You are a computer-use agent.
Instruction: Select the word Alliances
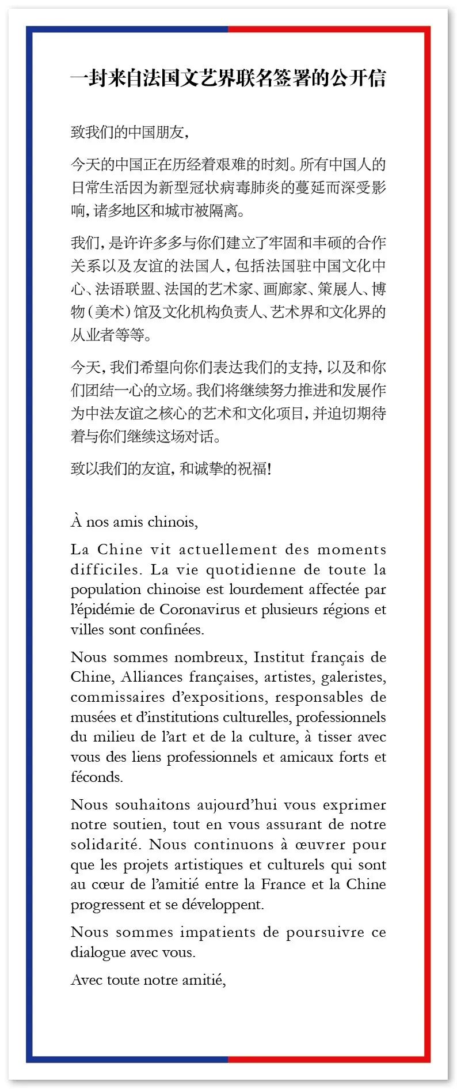point(151,677)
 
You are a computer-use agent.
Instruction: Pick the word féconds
point(97,777)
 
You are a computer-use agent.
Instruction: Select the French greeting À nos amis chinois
point(134,522)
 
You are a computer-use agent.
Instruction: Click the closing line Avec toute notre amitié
point(148,980)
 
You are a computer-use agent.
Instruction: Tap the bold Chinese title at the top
point(228,78)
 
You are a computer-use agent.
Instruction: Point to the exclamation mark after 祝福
point(269,469)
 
